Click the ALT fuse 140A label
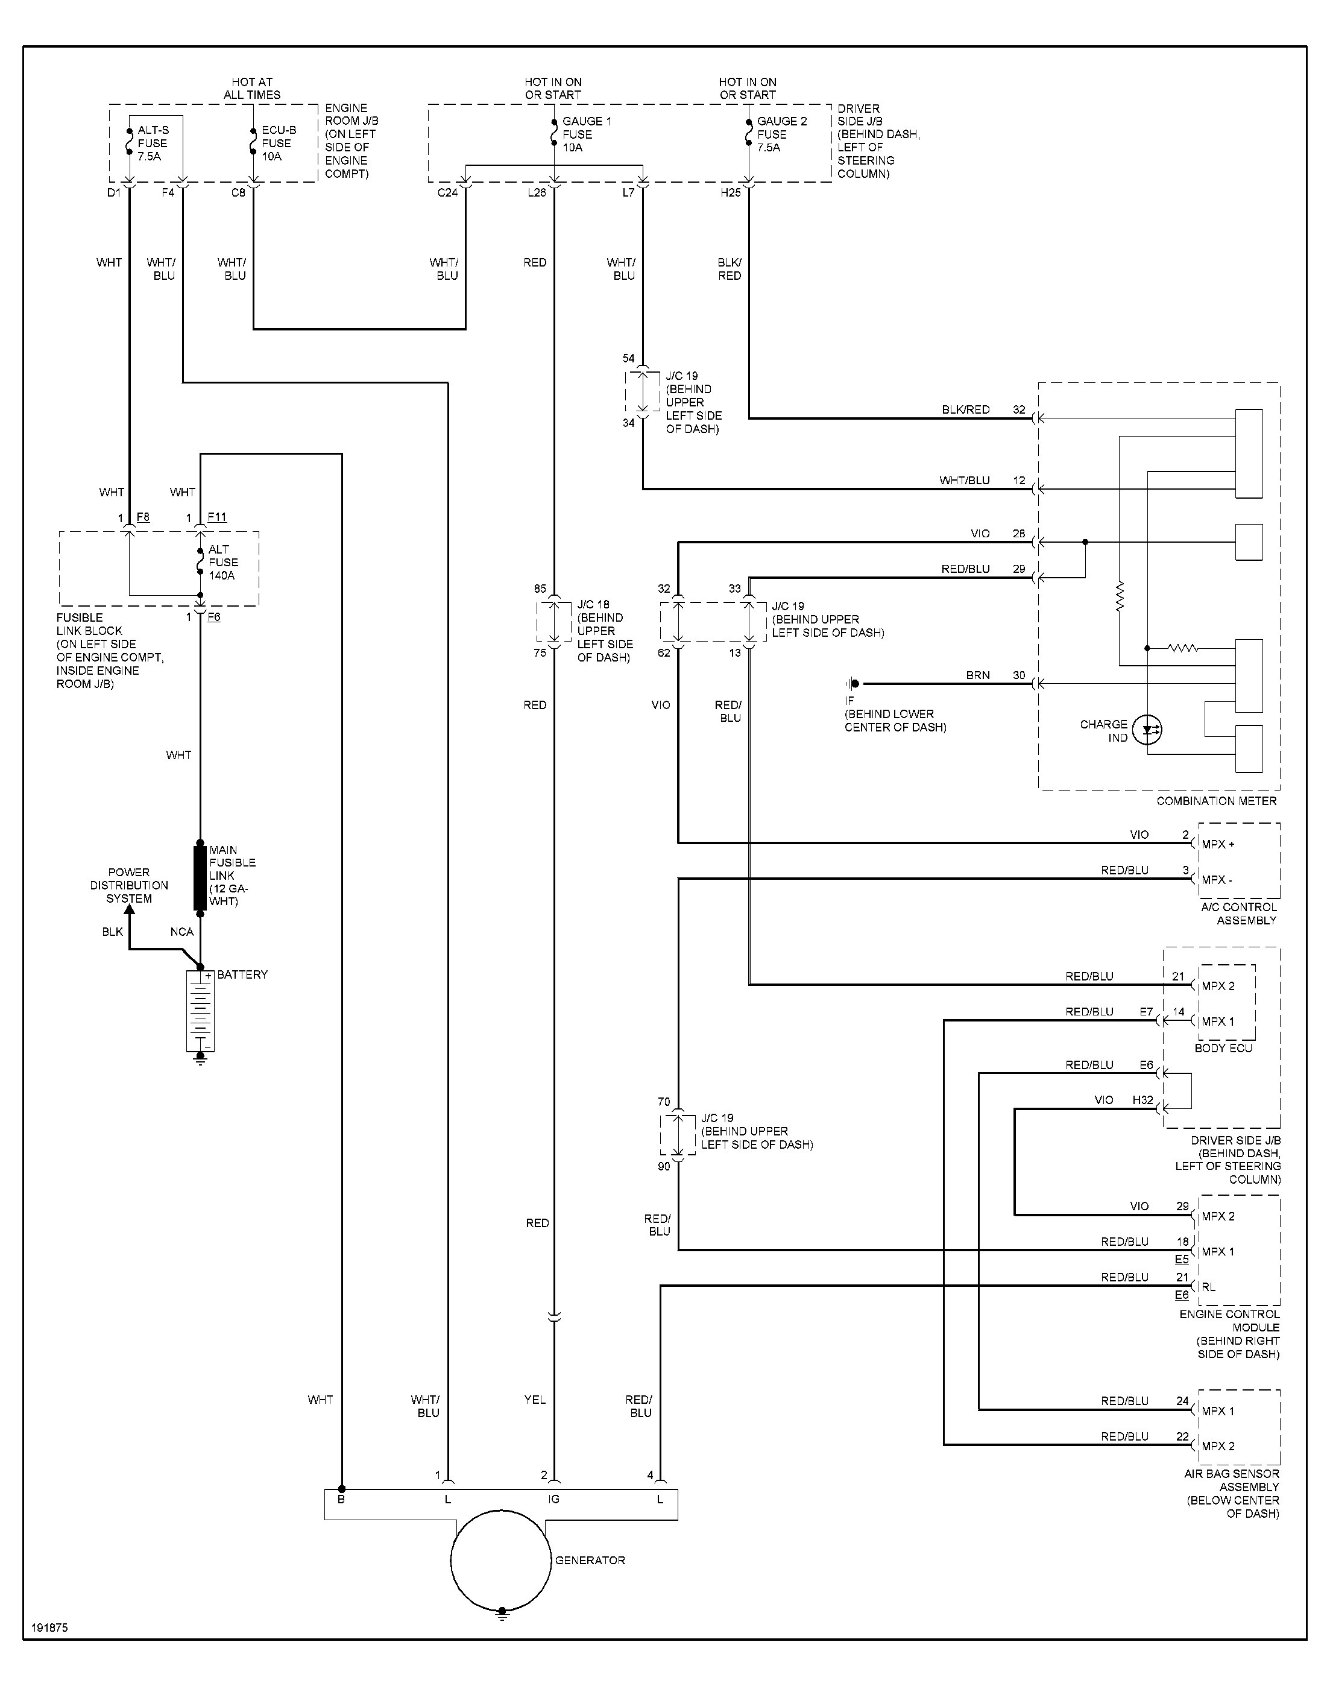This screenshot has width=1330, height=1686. tap(222, 562)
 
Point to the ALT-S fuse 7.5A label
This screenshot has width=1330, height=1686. tap(153, 144)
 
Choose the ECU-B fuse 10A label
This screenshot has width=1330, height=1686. tap(278, 144)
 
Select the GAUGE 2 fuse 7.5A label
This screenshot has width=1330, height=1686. tap(782, 134)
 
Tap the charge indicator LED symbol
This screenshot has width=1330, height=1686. tap(1147, 730)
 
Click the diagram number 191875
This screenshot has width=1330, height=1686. tap(50, 1628)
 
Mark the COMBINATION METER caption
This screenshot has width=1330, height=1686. tap(1216, 801)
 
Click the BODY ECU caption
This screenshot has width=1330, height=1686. tap(1223, 1048)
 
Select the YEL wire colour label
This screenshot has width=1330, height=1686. tap(535, 1400)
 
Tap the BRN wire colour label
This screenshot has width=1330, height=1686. tap(978, 675)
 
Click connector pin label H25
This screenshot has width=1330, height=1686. tap(730, 192)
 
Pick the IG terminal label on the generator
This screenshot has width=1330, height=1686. tap(553, 1499)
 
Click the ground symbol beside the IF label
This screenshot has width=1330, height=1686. tap(852, 684)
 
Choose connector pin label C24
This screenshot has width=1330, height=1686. tap(448, 192)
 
